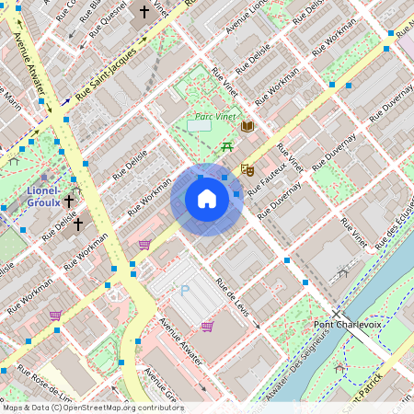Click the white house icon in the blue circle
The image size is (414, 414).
click(207, 199)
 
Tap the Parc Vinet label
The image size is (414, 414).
click(215, 117)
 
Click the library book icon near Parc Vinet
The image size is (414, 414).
click(247, 126)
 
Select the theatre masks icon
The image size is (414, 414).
click(246, 169)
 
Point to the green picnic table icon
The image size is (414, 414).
click(225, 146)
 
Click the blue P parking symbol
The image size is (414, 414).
click(184, 291)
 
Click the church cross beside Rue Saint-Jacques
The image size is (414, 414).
click(143, 13)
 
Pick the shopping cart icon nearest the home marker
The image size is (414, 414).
click(144, 245)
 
